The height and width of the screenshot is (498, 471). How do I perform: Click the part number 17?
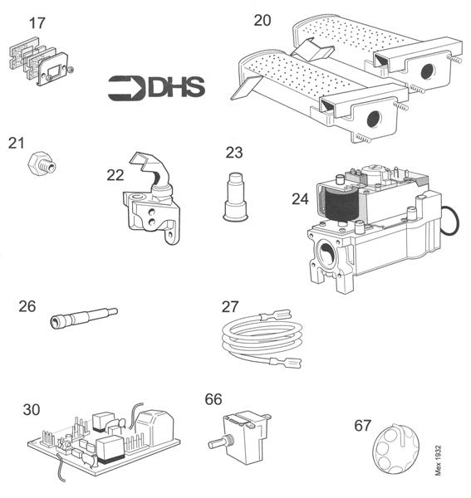pos(37,22)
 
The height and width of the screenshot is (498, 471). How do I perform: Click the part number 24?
pos(300,198)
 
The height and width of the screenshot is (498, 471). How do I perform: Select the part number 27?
pos(230,305)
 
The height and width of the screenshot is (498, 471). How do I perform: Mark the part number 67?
pos(363,425)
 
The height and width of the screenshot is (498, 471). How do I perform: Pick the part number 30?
pos(31,408)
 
